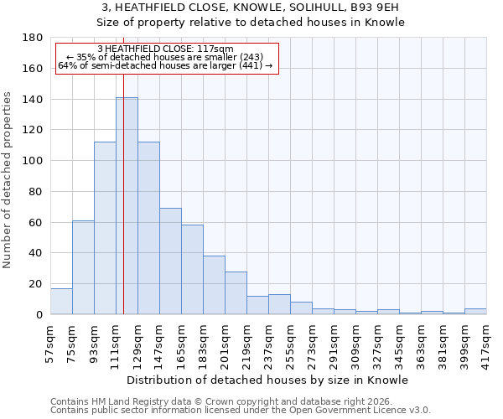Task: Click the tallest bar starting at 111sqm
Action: (x=127, y=205)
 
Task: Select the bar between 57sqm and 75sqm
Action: (x=61, y=301)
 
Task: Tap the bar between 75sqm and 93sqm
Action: (x=83, y=267)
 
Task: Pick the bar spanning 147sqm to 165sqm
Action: (x=170, y=261)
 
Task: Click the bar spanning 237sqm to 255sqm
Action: (x=279, y=304)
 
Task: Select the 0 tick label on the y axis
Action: (x=39, y=315)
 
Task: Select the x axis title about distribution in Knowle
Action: (x=268, y=380)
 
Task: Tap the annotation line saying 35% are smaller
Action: (x=165, y=57)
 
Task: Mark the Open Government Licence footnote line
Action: (x=241, y=410)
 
